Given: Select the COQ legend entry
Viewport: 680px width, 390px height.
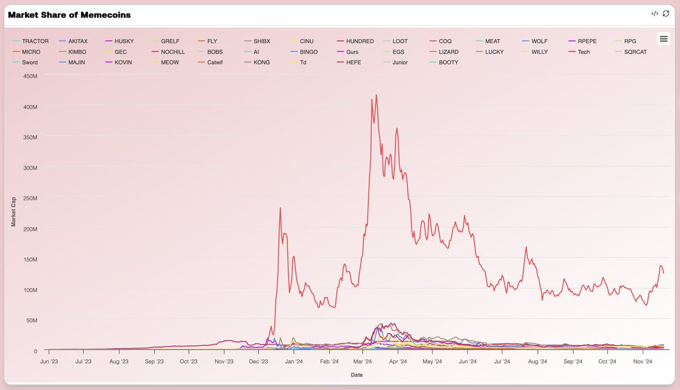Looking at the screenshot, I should click(x=445, y=41).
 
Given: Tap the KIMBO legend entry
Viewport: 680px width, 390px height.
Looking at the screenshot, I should click(x=76, y=52).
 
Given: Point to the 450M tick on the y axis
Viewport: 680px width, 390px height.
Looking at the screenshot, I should click(x=29, y=76).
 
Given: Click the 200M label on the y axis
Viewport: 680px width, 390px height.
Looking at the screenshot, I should click(x=29, y=228).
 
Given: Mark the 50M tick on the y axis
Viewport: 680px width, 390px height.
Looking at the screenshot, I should click(x=31, y=320).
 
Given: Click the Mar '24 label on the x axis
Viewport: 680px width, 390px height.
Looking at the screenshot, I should click(x=362, y=361).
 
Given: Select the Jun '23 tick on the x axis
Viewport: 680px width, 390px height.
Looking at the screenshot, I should click(x=49, y=361).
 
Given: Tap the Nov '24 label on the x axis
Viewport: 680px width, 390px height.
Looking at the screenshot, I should click(x=643, y=361).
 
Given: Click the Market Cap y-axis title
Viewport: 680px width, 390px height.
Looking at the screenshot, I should click(x=14, y=213).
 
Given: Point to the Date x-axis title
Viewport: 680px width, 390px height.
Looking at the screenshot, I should click(x=356, y=375).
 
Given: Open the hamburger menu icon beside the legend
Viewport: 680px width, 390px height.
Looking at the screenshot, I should click(x=664, y=39).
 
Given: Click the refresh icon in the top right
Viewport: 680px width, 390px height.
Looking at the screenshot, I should click(x=666, y=14).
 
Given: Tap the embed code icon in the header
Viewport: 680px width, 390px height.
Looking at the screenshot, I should click(x=654, y=14).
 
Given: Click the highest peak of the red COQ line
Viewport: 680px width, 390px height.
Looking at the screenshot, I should click(x=376, y=95).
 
